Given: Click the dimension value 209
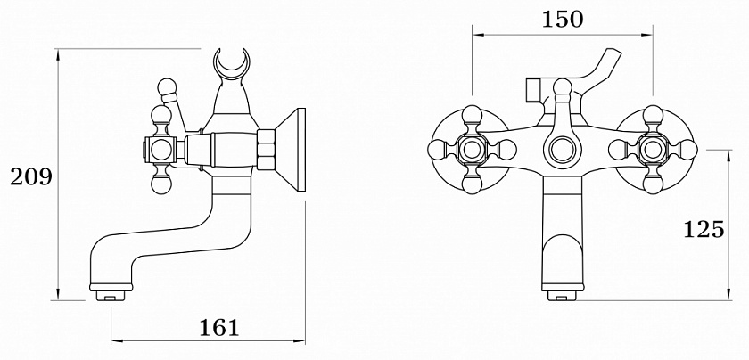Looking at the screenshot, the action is pyautogui.click(x=31, y=177).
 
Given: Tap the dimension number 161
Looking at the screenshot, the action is pyautogui.click(x=218, y=327).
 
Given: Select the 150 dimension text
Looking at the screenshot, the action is pyautogui.click(x=563, y=19).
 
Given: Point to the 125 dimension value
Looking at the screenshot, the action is pyautogui.click(x=704, y=229).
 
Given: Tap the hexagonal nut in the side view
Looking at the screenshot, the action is pyautogui.click(x=266, y=150).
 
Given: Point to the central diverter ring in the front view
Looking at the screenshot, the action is pyautogui.click(x=562, y=150).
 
